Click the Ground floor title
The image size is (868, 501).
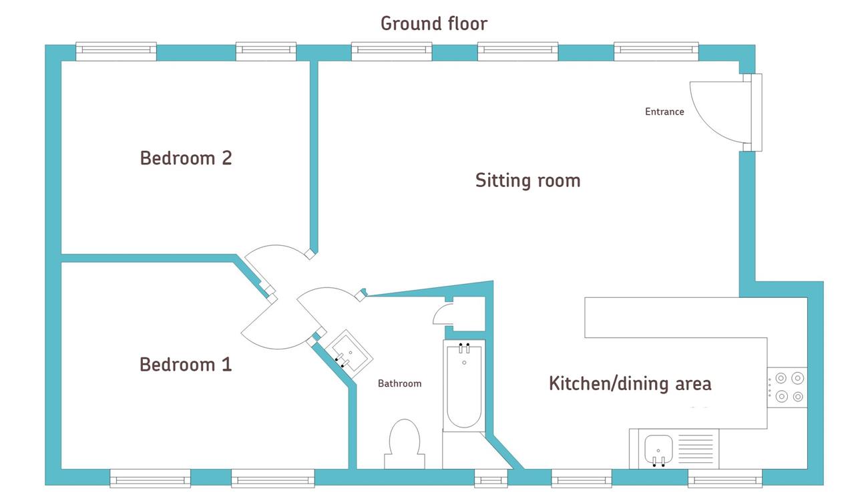tap(433, 23)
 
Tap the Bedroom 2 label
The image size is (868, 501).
tap(186, 158)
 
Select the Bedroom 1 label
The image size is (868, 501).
tap(186, 365)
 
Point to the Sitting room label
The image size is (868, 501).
tap(527, 181)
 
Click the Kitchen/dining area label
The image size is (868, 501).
tap(630, 384)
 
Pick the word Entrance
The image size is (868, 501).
tap(664, 112)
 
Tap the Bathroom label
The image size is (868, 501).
tap(399, 383)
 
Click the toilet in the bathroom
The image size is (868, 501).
tap(405, 444)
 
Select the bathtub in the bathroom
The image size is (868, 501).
tap(464, 386)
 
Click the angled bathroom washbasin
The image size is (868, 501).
tap(349, 354)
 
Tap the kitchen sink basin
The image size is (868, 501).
tap(658, 449)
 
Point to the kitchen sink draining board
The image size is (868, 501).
tap(696, 449)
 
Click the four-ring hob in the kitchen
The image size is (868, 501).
tap(788, 387)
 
